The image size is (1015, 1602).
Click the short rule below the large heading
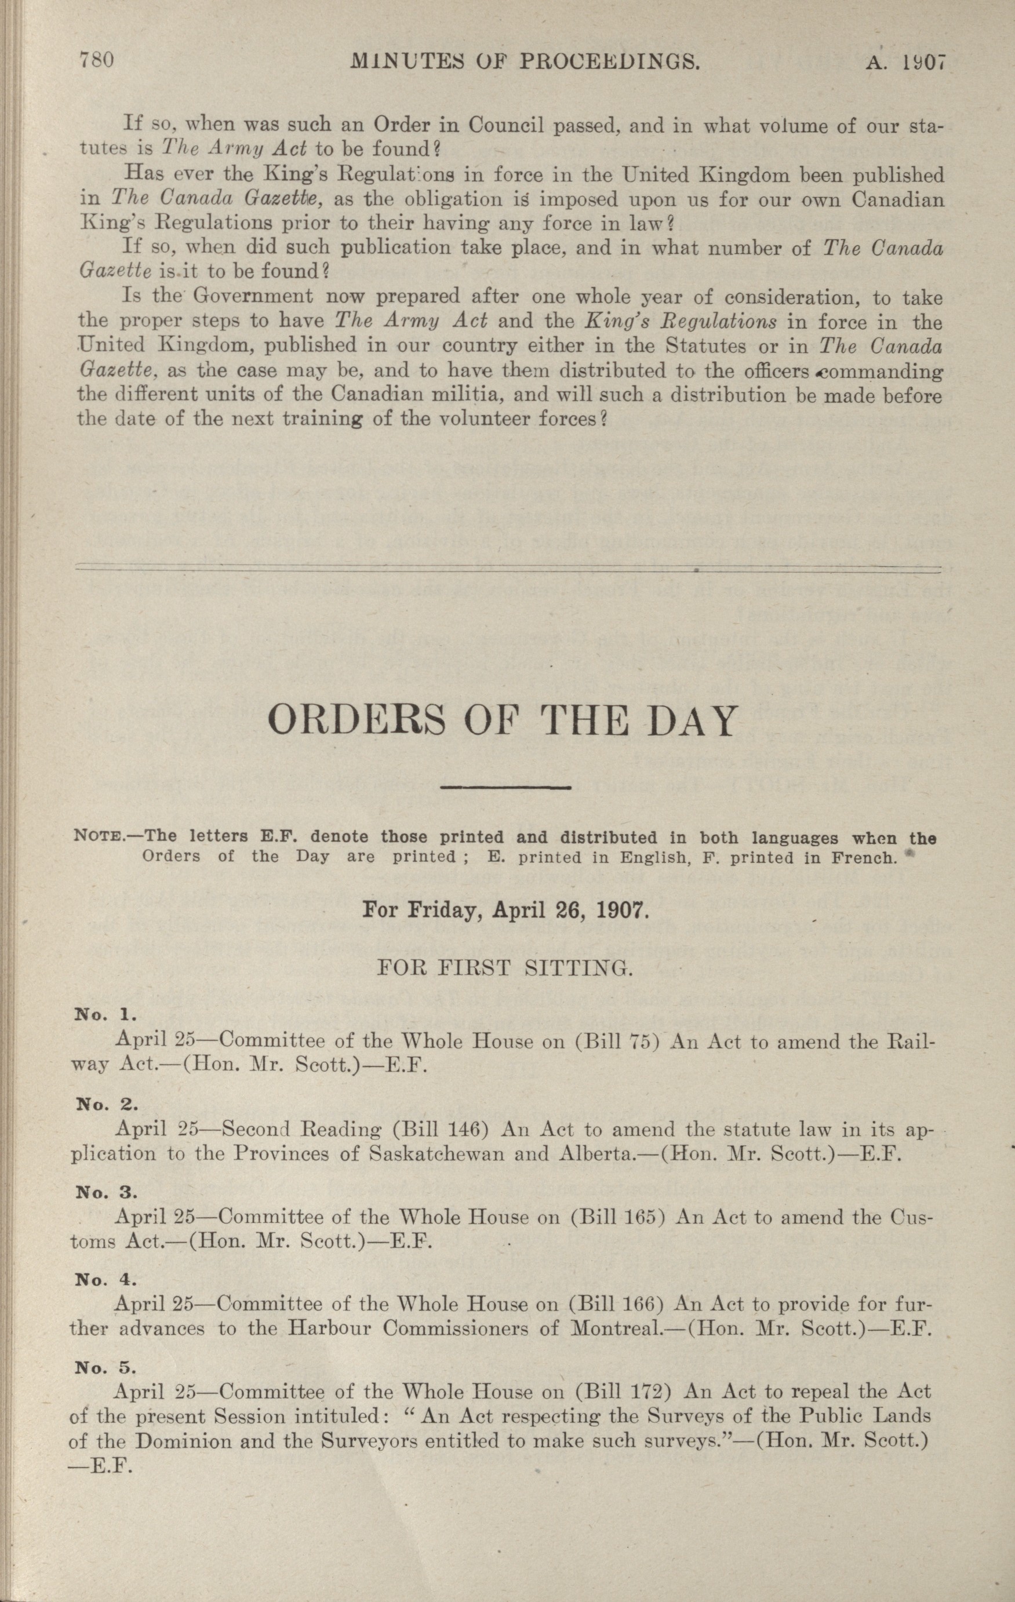click(507, 788)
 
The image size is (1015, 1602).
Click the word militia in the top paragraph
click(482, 395)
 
